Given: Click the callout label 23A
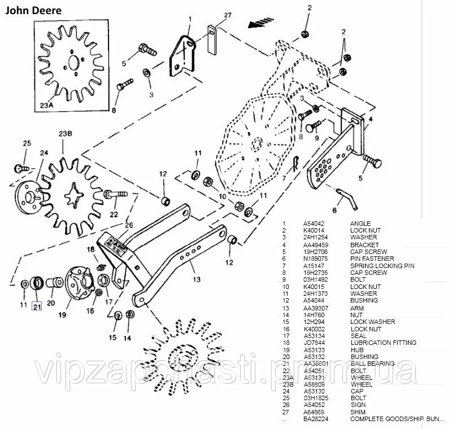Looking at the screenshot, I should click(x=47, y=104).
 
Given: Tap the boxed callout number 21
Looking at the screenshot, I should click(x=37, y=307).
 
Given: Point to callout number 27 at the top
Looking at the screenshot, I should click(x=212, y=15).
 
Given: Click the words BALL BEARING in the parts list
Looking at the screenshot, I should click(x=372, y=364).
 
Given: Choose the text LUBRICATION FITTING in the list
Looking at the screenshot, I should click(x=384, y=343).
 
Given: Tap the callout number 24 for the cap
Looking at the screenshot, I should click(x=43, y=152).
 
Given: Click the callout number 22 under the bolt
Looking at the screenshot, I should click(x=114, y=214).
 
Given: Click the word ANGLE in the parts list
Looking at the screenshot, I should click(x=360, y=224).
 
